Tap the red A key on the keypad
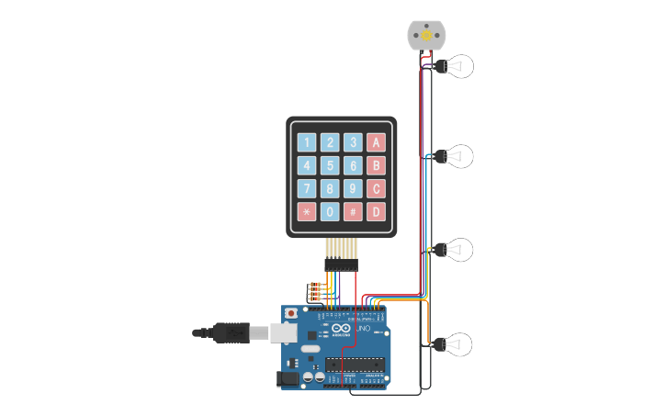click(376, 142)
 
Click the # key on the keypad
click(353, 212)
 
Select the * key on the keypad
click(306, 212)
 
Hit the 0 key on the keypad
click(330, 212)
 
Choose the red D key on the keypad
click(376, 212)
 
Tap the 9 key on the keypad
click(353, 189)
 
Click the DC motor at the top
click(425, 35)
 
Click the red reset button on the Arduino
click(291, 314)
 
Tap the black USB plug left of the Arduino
click(231, 332)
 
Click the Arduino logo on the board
click(341, 330)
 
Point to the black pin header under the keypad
click(341, 264)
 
